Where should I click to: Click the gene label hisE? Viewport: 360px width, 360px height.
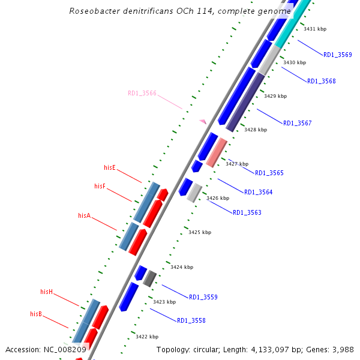point(110,167)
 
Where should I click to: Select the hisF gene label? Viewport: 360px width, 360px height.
point(100,186)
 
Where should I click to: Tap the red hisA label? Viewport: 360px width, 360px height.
point(85,215)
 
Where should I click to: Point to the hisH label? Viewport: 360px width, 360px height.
point(47,292)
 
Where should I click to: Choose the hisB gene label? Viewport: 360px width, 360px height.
point(36,314)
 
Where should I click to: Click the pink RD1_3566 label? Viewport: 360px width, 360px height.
point(142,93)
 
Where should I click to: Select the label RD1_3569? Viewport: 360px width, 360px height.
point(338,55)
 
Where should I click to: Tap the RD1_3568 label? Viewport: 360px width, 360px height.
point(322,81)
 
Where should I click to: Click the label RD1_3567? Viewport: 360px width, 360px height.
point(298,123)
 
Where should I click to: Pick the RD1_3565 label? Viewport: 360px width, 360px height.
point(269,173)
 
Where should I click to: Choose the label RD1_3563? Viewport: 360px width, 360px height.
point(247,212)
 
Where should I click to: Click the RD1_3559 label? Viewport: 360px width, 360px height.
point(203,297)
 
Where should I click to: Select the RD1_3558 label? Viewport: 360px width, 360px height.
point(191,320)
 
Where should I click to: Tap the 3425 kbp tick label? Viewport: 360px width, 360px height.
point(200,232)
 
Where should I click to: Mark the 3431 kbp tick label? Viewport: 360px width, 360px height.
point(315,29)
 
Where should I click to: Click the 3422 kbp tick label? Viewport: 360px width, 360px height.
point(147,337)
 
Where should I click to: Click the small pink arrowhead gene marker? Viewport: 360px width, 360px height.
point(203,122)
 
